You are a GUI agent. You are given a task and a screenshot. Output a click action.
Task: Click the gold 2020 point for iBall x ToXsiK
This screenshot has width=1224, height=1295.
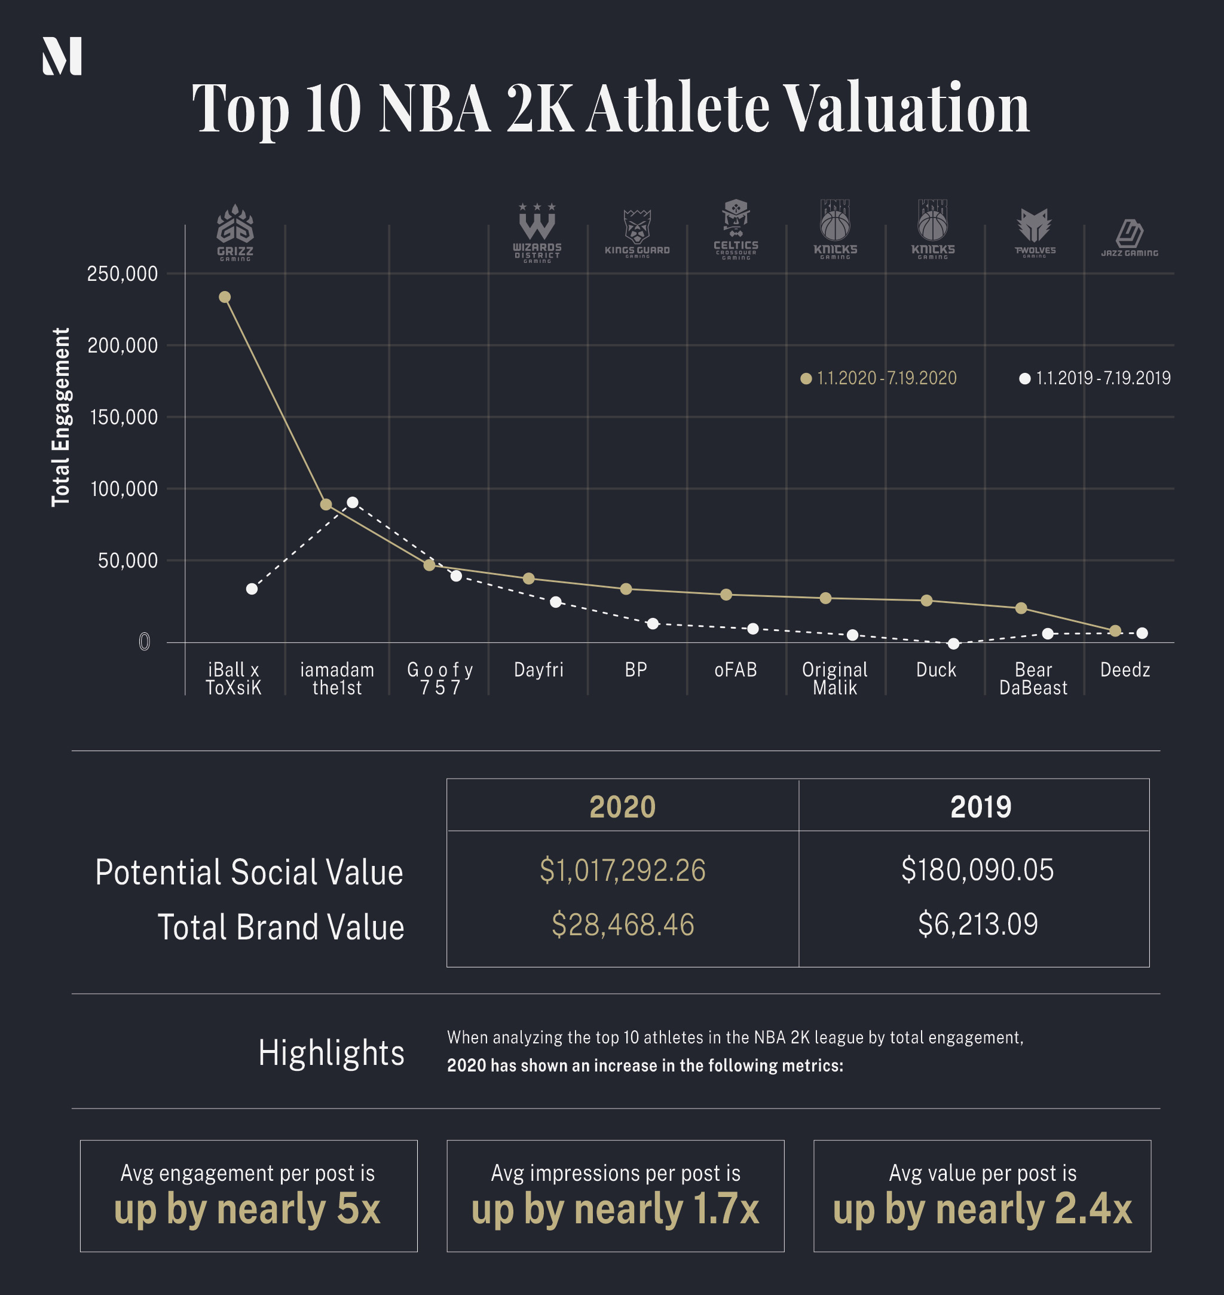coord(225,297)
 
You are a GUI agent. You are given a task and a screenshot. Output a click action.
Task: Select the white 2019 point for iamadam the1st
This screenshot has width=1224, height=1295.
coord(353,503)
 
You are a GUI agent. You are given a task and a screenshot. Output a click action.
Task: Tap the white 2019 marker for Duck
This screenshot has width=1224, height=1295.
coord(953,644)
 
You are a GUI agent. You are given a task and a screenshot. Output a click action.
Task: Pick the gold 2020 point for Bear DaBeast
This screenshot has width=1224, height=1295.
coord(1021,608)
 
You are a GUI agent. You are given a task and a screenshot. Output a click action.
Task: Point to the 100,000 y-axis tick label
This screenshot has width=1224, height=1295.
coord(124,489)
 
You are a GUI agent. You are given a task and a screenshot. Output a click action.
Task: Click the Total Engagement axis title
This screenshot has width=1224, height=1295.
coord(61,417)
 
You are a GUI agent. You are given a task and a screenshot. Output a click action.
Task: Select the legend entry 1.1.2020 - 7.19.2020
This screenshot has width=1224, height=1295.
coord(879,378)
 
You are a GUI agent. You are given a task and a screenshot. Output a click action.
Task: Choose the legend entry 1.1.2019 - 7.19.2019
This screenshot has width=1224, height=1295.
coord(1096,378)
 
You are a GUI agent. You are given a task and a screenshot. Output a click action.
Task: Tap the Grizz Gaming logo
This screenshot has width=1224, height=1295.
coord(235,232)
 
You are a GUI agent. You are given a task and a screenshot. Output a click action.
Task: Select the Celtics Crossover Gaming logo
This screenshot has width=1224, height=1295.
coord(736,229)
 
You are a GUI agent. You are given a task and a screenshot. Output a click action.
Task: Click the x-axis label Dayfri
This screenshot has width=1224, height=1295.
coord(538,670)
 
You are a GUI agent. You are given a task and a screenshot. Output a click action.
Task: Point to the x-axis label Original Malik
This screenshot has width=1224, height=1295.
coord(834,678)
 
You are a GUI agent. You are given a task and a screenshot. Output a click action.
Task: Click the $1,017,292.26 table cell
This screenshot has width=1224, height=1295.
coord(622,870)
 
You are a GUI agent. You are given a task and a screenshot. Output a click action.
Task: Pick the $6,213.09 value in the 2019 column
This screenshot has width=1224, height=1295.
coord(977,924)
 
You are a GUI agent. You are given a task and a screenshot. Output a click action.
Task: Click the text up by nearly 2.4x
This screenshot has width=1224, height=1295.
coord(982,1209)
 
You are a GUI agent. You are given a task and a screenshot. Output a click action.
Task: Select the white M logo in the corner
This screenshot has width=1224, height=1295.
coord(62,56)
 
